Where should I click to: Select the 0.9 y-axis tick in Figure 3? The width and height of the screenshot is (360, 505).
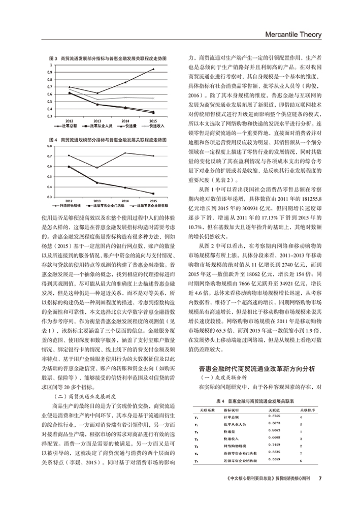[51, 72]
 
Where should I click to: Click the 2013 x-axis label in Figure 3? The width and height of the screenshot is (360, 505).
[97, 120]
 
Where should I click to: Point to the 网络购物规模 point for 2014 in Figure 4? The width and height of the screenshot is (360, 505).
[125, 153]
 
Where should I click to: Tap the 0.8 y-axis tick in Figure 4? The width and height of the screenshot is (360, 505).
[51, 146]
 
